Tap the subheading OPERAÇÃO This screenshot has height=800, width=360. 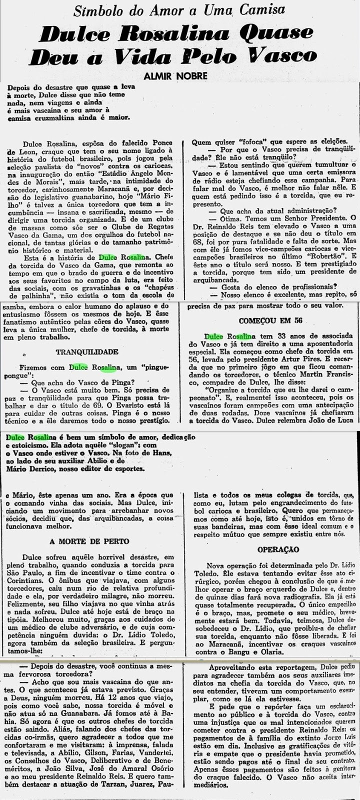click(x=271, y=549)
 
